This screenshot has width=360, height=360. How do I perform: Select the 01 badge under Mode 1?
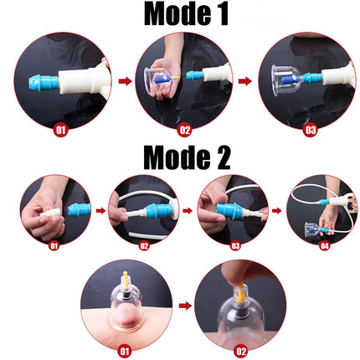click(x=59, y=130)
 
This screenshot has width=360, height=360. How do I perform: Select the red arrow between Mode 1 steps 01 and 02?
click(x=122, y=81)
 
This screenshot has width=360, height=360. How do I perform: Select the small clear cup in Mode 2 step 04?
click(x=311, y=228)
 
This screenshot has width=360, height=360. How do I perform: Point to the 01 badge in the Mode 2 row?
click(x=54, y=245)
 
